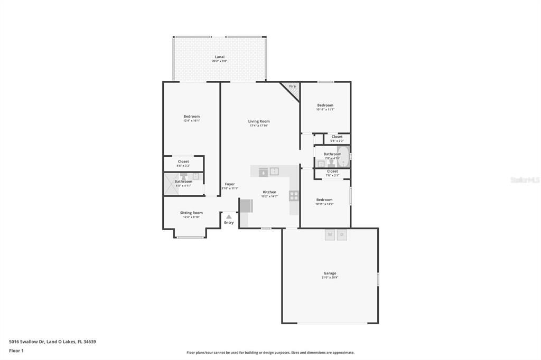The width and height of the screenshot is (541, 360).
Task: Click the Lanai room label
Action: [219, 57]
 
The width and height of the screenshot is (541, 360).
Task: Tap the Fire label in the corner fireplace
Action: [292, 86]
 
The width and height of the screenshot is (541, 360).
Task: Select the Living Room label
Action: [259, 121]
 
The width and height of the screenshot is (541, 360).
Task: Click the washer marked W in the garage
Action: [330, 234]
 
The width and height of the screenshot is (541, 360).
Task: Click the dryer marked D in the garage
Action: [342, 234]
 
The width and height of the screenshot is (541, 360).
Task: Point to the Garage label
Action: [330, 273]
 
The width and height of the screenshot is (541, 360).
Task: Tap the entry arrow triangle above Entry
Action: [229, 216]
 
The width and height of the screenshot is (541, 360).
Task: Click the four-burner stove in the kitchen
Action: [294, 196]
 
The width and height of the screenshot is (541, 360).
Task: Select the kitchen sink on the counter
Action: [274, 171]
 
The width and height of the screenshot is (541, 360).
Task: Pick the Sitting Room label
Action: [191, 213]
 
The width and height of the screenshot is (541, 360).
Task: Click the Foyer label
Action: [230, 184]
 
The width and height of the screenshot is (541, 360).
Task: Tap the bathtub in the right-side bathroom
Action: [343, 157]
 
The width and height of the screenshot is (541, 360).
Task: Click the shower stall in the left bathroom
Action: [169, 185]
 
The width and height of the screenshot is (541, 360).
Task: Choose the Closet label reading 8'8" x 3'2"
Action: [183, 162]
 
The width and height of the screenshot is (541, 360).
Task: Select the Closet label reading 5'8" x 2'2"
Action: [337, 137]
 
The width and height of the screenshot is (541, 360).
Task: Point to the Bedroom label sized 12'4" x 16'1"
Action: [191, 116]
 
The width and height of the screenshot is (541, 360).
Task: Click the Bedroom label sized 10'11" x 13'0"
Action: [324, 200]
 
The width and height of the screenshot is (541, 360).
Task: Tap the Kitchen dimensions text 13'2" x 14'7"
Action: [269, 196]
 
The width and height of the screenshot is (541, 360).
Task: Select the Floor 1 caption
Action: [16, 350]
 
